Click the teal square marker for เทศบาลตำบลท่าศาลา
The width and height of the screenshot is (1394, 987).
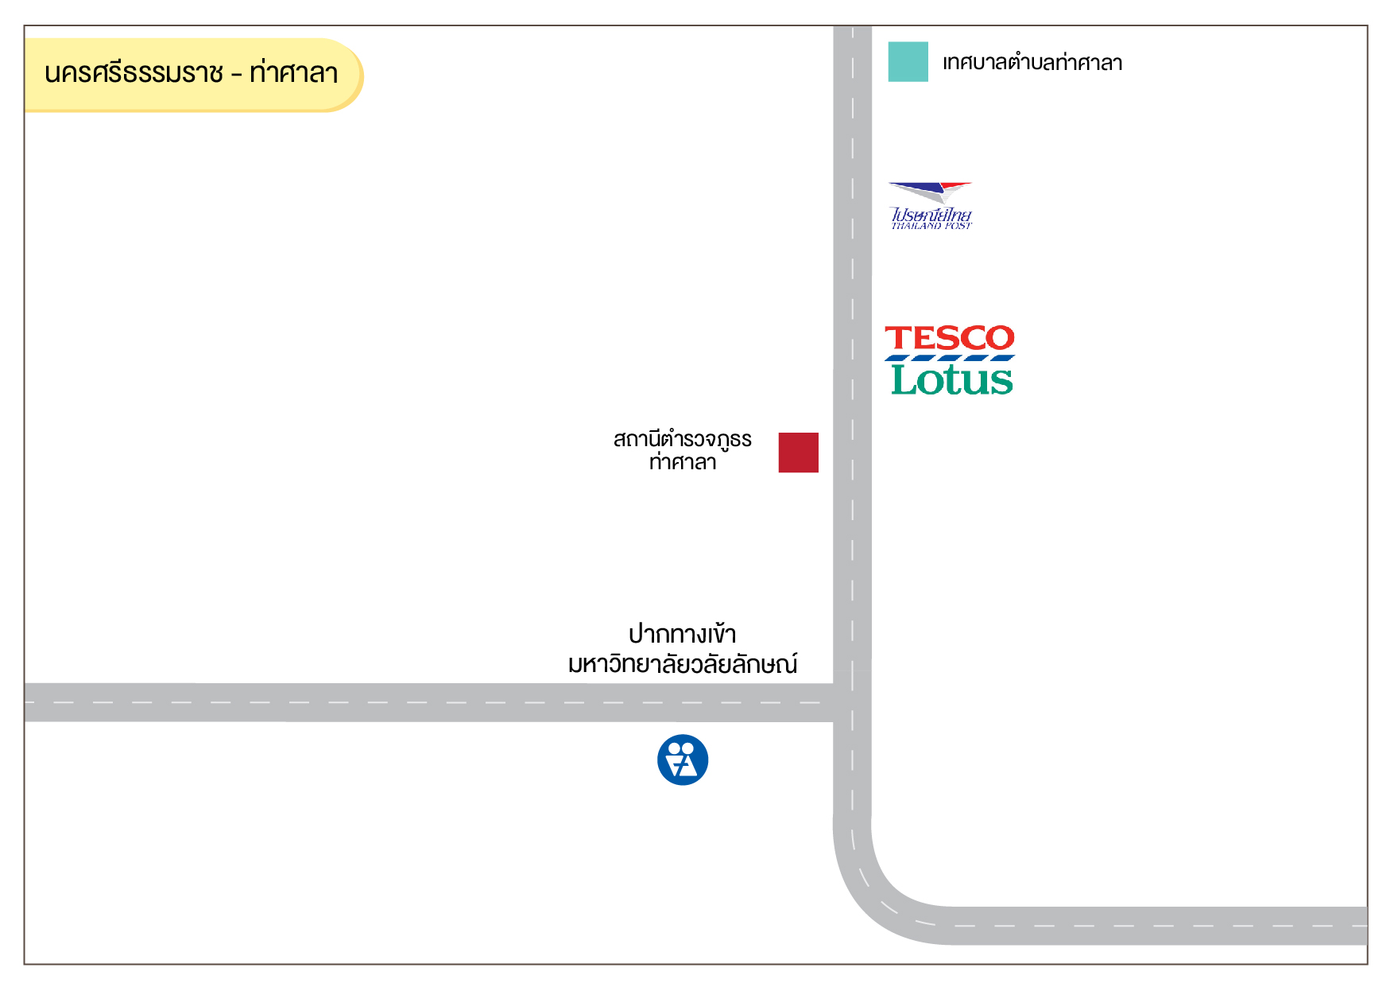(908, 61)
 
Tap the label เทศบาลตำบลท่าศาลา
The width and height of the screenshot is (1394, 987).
(1032, 62)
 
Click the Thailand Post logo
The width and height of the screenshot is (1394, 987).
(931, 205)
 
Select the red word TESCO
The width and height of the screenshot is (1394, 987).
(950, 338)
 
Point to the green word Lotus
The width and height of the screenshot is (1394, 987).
(952, 379)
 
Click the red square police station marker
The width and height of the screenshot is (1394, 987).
(798, 453)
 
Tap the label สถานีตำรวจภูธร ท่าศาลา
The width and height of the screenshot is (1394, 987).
(683, 450)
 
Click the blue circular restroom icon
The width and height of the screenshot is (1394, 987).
(683, 760)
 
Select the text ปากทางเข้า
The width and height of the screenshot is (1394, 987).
(683, 634)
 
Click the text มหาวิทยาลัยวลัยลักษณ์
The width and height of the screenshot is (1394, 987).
(683, 663)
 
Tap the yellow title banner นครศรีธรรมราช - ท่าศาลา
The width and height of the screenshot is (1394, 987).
(193, 75)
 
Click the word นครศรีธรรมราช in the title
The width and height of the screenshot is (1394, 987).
(134, 73)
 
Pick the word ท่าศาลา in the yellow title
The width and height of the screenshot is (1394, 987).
(294, 72)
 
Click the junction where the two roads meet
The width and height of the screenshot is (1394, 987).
(852, 702)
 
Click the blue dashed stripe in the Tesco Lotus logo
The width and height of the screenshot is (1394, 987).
(950, 358)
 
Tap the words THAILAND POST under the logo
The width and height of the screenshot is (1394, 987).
(931, 226)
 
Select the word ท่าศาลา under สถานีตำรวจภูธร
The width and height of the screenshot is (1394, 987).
(683, 462)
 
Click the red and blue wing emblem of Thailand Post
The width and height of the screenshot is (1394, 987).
(930, 191)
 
